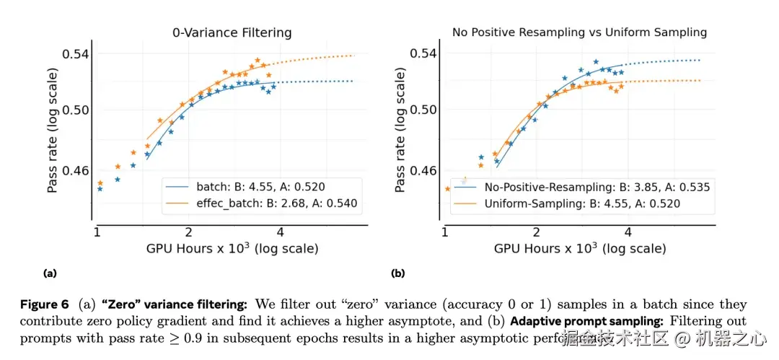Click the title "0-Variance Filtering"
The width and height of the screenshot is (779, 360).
coord(232,32)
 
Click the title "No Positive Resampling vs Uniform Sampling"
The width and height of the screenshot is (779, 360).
coord(579,32)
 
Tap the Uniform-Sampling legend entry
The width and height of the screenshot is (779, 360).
coord(582,203)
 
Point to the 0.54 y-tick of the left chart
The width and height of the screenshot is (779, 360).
coord(75,53)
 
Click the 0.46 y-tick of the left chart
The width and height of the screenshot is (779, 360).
coord(75,171)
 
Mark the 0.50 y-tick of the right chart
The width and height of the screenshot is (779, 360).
coord(423,110)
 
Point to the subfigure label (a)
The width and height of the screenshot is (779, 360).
coord(50,273)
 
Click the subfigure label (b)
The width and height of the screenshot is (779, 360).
coord(397,273)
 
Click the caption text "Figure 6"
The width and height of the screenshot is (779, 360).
coord(44,305)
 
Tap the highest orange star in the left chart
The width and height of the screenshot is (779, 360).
coord(258,61)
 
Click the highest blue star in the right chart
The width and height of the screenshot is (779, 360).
coord(596,61)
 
